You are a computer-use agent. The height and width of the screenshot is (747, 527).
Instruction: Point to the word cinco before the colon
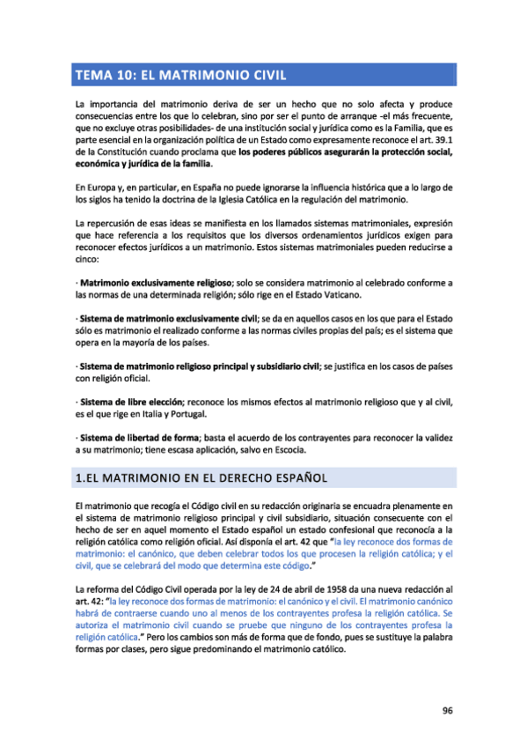tap(87, 260)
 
